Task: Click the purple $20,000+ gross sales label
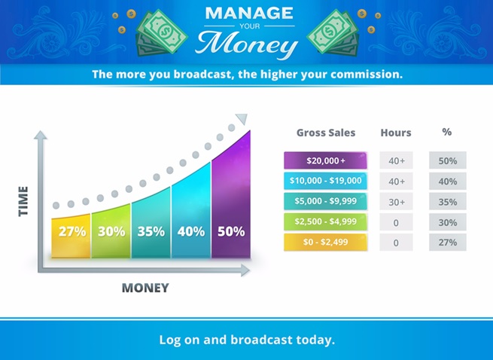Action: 325,160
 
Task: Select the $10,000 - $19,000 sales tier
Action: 325,181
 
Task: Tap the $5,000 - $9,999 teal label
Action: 325,201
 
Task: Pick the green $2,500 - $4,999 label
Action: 325,221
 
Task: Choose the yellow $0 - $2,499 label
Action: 325,242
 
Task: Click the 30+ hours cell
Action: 396,201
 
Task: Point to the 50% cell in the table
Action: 448,160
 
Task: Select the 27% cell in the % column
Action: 448,242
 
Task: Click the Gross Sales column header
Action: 326,133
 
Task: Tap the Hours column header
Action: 396,133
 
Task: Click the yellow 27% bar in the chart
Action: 71,236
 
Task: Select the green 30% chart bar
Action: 111,231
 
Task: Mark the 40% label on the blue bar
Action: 191,232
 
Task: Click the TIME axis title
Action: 23,201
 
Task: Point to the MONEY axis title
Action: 145,288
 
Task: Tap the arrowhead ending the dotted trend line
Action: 242,119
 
